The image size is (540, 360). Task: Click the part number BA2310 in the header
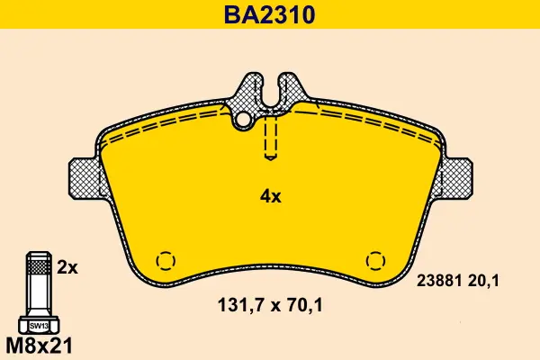270,14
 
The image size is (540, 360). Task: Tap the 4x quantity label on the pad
270,197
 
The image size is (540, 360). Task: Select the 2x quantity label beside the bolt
67,267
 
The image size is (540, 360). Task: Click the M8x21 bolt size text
40,346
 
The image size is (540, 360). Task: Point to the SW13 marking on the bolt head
39,326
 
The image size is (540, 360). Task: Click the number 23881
439,281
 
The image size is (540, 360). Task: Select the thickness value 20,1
483,282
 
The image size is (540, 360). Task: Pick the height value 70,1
306,305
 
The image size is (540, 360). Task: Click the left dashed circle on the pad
166,261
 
